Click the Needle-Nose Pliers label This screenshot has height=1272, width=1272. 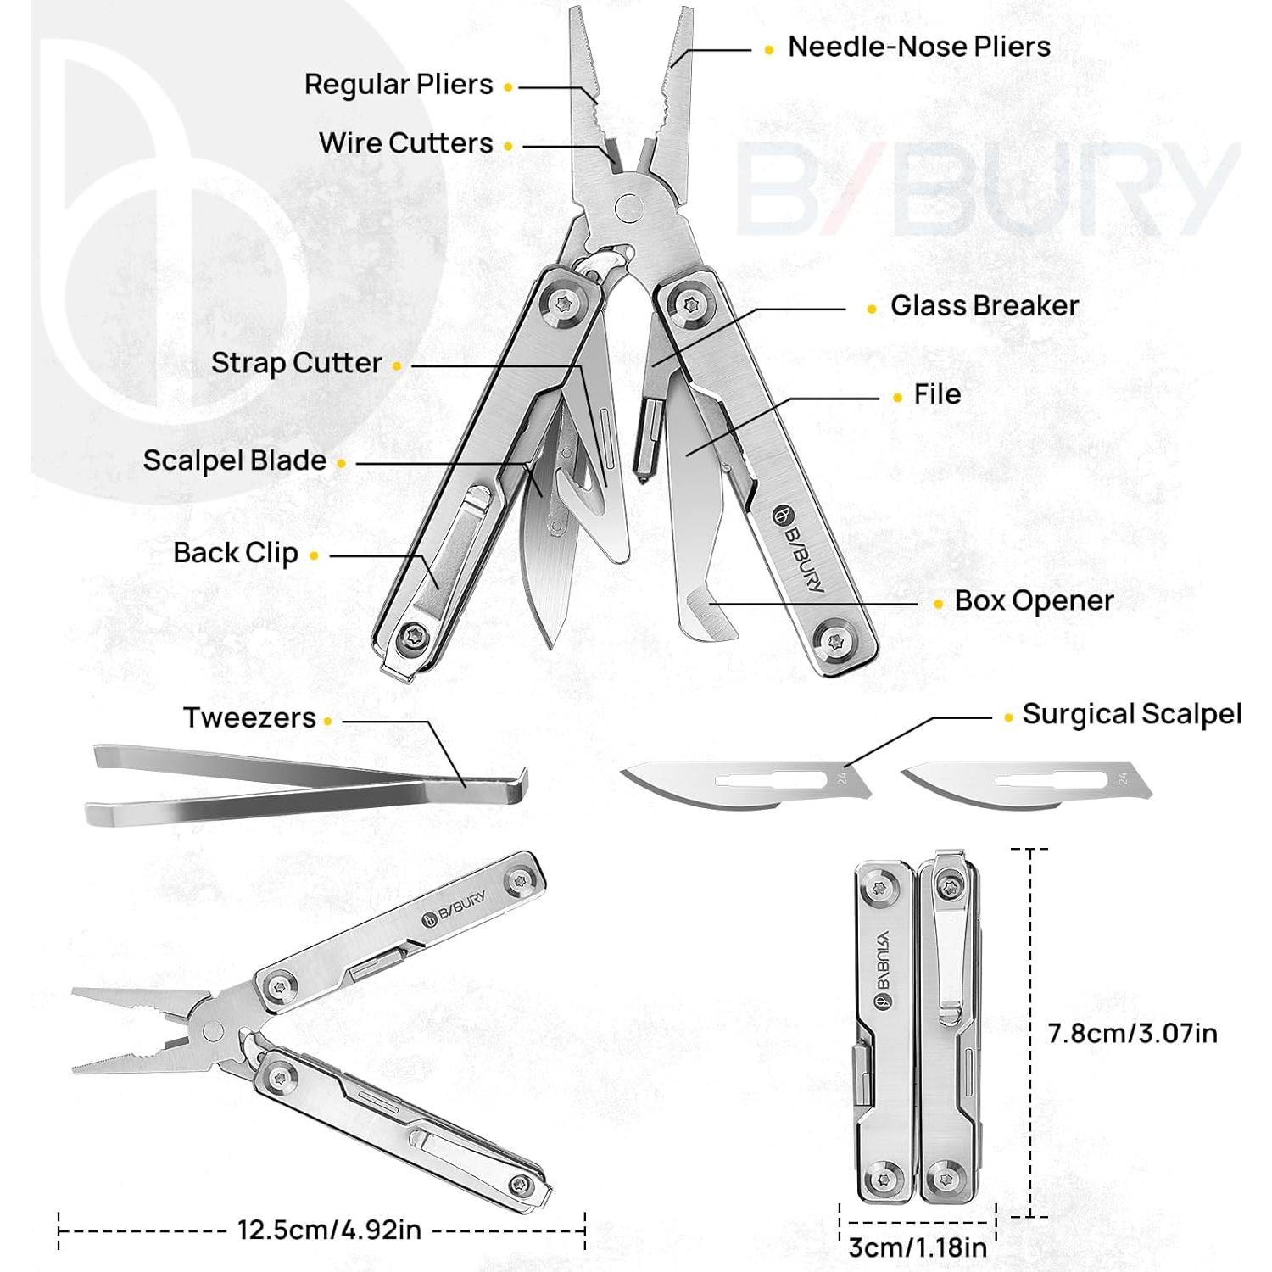coord(918,47)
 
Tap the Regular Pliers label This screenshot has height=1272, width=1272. coord(399,85)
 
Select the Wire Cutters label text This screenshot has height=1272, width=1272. coord(405,143)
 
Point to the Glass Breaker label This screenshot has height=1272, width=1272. coord(984,306)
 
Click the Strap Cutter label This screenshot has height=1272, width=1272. coord(296,364)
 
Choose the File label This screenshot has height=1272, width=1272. coord(937,394)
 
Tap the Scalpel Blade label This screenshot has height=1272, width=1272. coord(234,461)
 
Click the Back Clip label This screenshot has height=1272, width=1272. coord(236,554)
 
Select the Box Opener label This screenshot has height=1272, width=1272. coord(1034,601)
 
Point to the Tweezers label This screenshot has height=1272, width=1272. coord(249,718)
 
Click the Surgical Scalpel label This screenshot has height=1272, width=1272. coord(1131,715)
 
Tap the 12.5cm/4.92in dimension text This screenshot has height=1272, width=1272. coord(329,1229)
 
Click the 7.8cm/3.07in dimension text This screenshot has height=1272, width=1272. coord(1132,1034)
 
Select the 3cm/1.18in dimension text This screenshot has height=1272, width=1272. coord(918,1247)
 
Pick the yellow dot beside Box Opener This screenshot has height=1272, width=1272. coord(938,604)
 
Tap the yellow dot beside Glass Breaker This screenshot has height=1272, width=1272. coord(872,309)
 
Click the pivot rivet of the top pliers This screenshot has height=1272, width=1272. coord(628,206)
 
